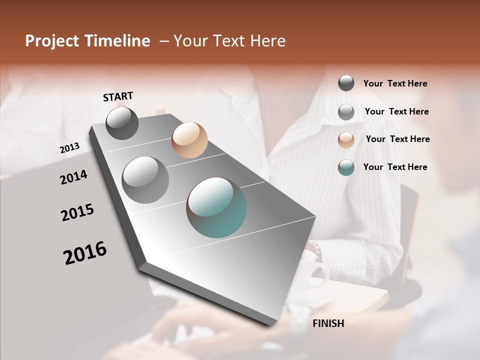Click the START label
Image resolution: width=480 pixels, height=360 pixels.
pos(118,96)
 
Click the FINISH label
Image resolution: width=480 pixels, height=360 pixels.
pos(328,323)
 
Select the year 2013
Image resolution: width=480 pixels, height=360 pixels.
pos(69,148)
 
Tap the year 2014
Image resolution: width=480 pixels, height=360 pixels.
pos(73,177)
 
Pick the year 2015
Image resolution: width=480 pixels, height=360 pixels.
pos(77,212)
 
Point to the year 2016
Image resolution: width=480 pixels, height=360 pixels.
pos(85,253)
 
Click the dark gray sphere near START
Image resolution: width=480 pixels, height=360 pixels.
pos(122,123)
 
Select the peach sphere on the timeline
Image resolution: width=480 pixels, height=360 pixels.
pos(189,140)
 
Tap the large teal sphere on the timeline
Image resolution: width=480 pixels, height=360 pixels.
pos(216,207)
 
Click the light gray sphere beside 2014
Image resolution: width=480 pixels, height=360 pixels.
pos(145,180)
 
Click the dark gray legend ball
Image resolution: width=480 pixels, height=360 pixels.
pos(346,83)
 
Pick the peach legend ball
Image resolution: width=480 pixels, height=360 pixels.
pos(346,139)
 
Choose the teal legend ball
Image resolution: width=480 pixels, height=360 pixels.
pos(346,167)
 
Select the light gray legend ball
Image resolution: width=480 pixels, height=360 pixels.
pos(346,112)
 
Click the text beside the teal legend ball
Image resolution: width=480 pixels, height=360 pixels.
pos(395,167)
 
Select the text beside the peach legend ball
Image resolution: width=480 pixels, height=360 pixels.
pos(397,139)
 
